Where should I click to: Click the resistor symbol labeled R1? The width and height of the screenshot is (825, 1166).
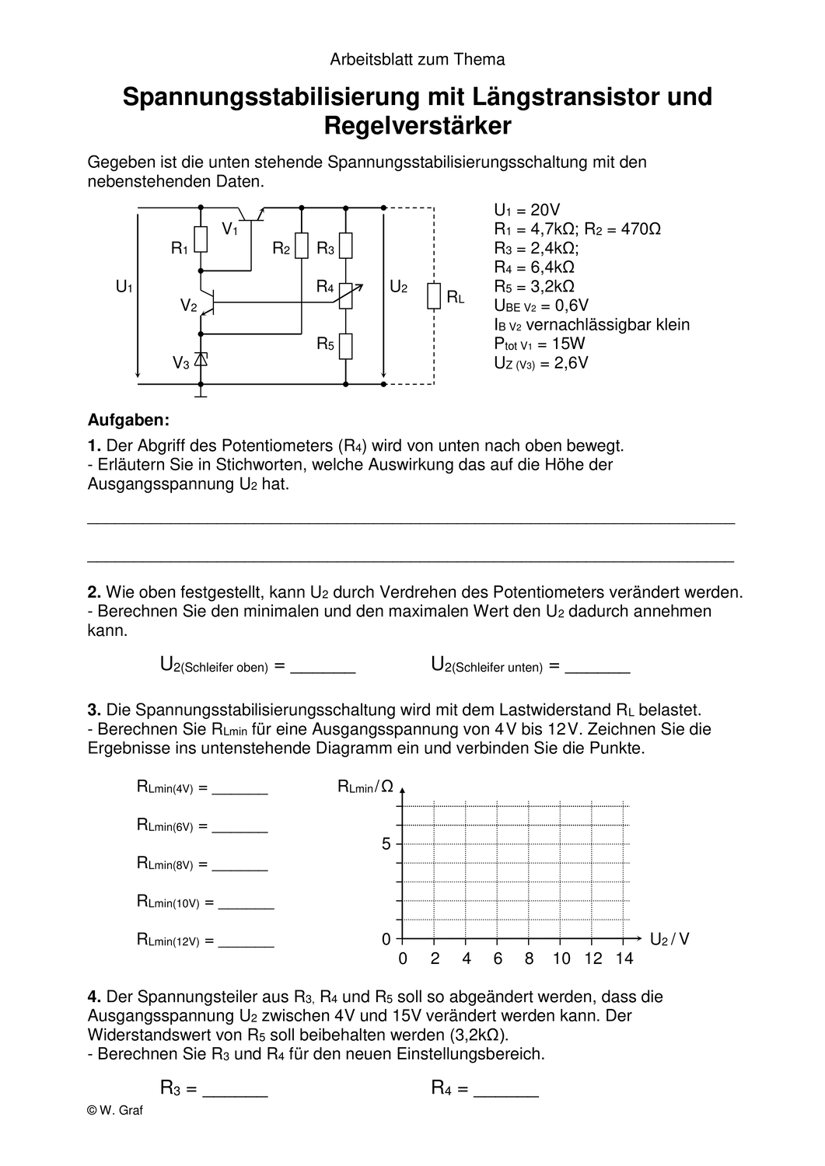point(201,240)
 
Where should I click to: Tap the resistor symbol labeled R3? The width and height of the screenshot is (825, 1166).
point(346,246)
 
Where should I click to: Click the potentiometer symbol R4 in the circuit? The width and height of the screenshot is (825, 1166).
point(346,295)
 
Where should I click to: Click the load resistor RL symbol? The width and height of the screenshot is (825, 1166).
point(434,296)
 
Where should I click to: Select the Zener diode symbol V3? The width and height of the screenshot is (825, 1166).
point(201,360)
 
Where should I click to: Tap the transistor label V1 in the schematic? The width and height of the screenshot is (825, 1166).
point(230,229)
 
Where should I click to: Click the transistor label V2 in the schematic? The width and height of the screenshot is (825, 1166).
point(188,305)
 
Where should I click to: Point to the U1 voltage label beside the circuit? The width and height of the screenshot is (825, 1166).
point(124,287)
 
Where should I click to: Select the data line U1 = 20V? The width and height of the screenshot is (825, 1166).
point(526,210)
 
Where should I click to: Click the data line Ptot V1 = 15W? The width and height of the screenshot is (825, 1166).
point(540,344)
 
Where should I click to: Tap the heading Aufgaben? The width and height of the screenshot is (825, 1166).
point(128,421)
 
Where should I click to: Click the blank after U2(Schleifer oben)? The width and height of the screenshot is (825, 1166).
point(322,667)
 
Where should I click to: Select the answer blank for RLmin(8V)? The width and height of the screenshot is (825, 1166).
point(239,864)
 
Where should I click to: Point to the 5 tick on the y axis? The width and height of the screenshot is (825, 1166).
point(386,844)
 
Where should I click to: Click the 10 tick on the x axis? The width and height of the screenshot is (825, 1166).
point(561,958)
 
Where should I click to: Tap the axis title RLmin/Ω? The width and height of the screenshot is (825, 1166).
point(365,787)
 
